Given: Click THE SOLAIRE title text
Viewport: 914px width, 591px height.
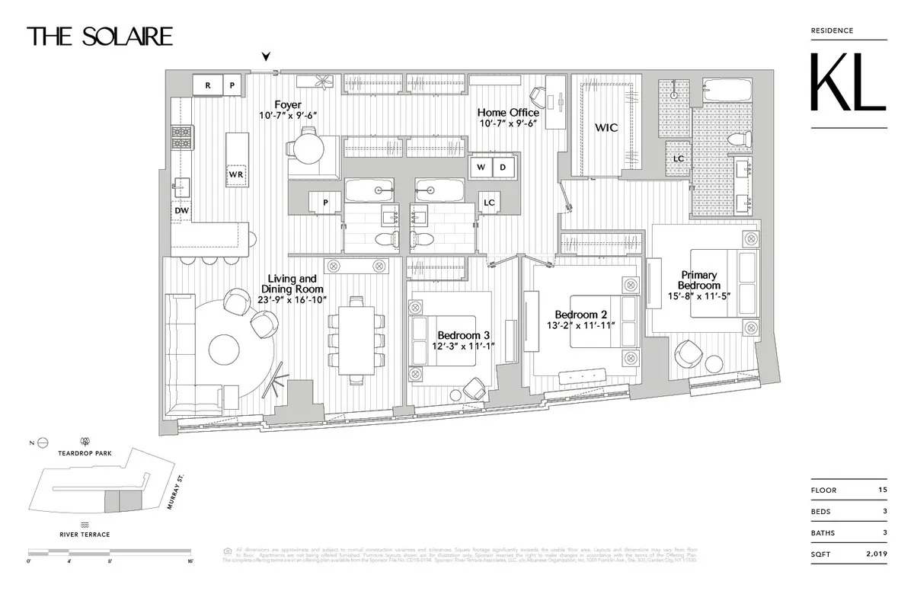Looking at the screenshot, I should [100, 36].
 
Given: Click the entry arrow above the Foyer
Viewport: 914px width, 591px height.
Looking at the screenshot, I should [266, 56].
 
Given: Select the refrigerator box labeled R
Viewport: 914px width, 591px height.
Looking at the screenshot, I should [207, 85].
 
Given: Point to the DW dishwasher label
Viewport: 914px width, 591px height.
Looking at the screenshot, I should [181, 210].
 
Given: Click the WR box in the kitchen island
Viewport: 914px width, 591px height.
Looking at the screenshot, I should [235, 174].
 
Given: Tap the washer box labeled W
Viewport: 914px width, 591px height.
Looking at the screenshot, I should [481, 167].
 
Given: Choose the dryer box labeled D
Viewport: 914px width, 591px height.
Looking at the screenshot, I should [503, 167].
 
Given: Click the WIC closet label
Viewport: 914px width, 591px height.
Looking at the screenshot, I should [606, 128].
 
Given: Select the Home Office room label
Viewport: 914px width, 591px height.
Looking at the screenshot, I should [509, 113].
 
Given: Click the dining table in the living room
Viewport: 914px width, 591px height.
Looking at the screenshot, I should [356, 338].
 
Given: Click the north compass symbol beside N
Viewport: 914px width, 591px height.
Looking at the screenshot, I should [43, 441].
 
